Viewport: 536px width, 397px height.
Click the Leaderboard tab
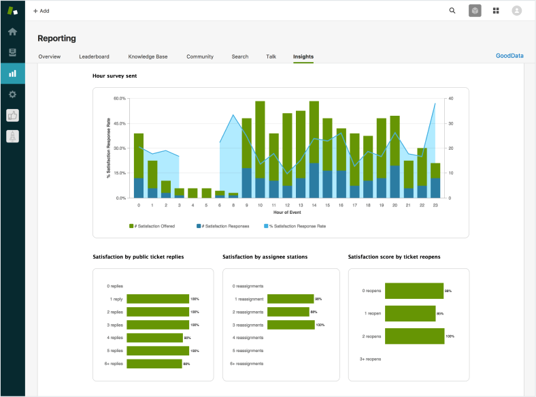(94, 57)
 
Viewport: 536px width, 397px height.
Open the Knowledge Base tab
(148, 57)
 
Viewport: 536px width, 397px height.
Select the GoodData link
(509, 56)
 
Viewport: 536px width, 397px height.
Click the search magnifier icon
(452, 10)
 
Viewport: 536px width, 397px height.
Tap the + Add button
(41, 11)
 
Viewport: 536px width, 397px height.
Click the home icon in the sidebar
(12, 31)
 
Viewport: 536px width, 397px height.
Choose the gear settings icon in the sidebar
(12, 94)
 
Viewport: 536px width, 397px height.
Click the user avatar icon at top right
(517, 10)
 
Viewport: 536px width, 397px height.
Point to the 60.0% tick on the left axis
(119, 99)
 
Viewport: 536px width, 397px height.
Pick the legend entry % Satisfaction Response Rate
(297, 226)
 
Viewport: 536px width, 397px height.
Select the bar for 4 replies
(154, 338)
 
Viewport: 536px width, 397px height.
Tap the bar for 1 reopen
(410, 313)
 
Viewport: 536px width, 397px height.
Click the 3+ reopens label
(370, 358)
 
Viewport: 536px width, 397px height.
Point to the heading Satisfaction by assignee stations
(265, 257)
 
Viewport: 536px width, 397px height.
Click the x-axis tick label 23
(435, 204)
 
